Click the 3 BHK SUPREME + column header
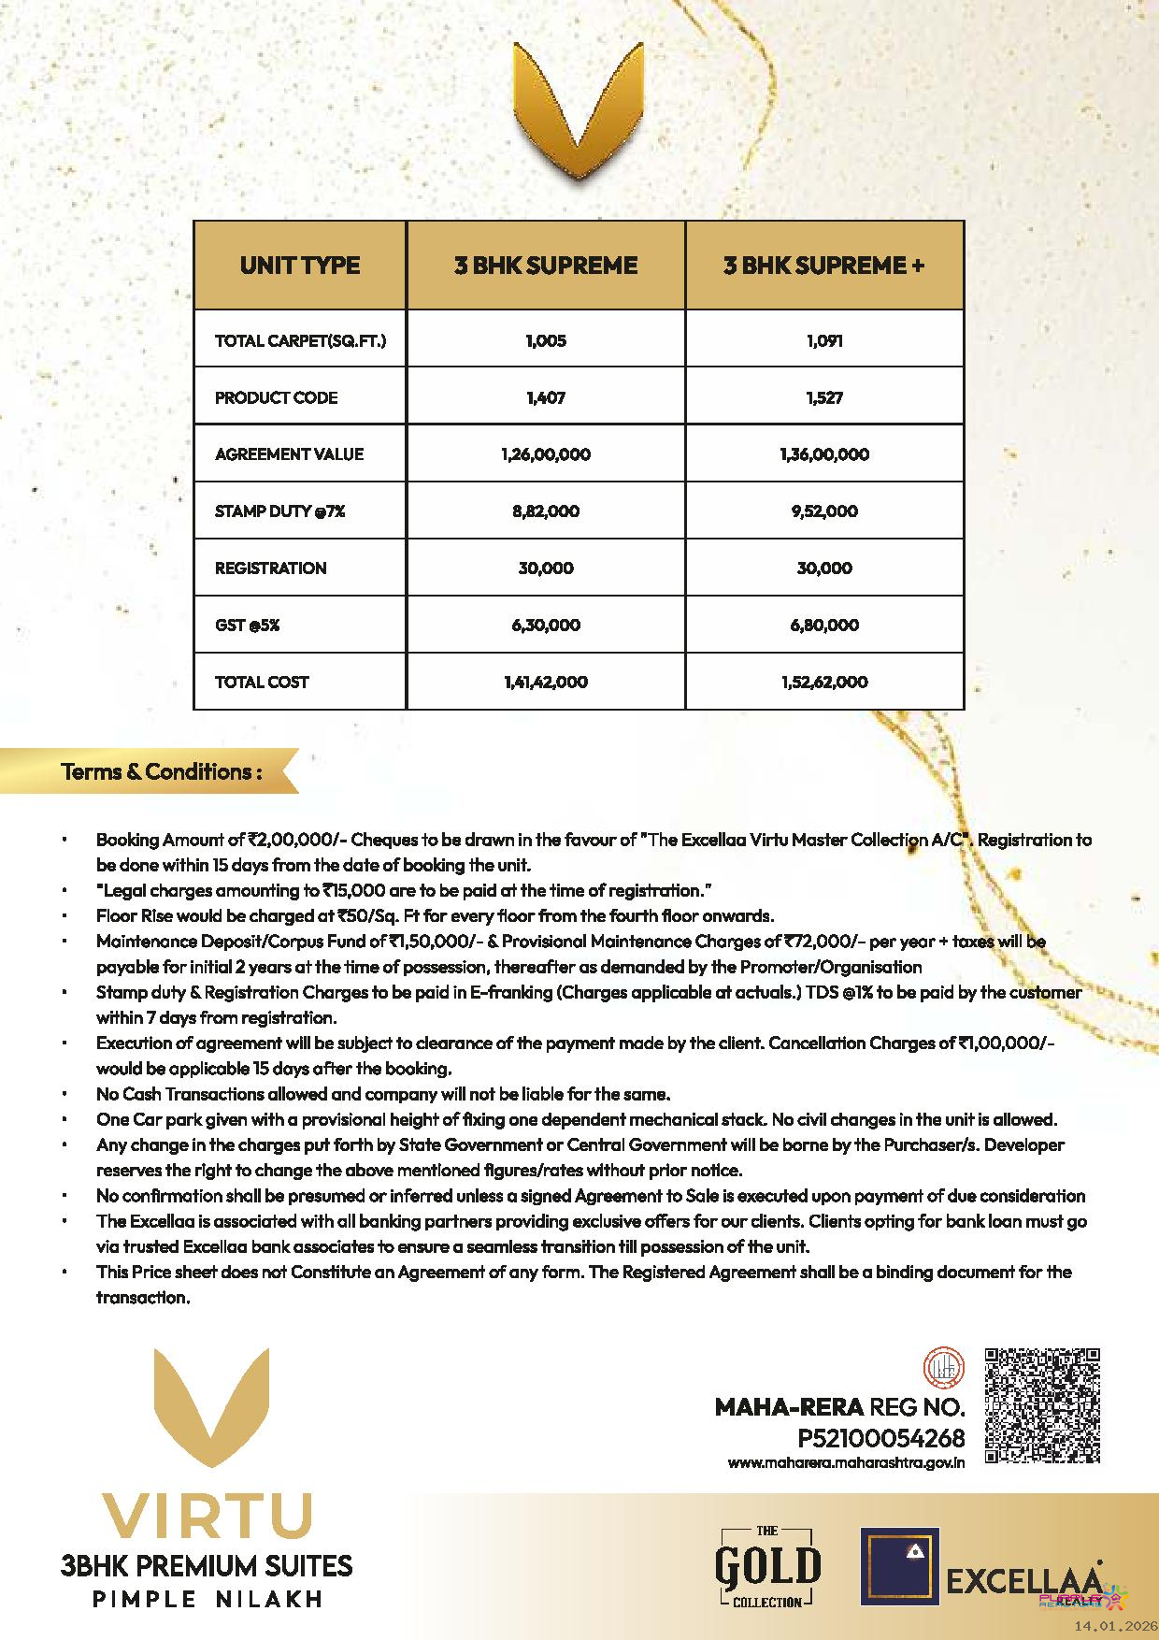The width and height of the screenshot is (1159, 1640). pyautogui.click(x=823, y=266)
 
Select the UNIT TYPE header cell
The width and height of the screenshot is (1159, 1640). pyautogui.click(x=299, y=266)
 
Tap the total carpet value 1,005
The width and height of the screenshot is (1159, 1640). pyautogui.click(x=546, y=341)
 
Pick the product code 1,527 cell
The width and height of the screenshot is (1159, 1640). pyautogui.click(x=823, y=398)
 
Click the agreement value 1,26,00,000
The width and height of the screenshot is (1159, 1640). pyautogui.click(x=546, y=454)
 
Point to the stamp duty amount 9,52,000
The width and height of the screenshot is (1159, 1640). pyautogui.click(x=823, y=511)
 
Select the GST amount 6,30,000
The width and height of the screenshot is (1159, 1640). pyautogui.click(x=546, y=626)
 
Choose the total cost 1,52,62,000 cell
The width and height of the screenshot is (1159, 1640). pyautogui.click(x=823, y=683)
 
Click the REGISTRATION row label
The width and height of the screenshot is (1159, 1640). pyautogui.click(x=270, y=568)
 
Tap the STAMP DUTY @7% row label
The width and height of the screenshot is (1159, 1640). pyautogui.click(x=279, y=511)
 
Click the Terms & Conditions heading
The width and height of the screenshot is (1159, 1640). pyautogui.click(x=161, y=772)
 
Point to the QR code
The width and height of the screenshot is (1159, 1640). pyautogui.click(x=1042, y=1404)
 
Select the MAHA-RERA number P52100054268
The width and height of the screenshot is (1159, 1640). pyautogui.click(x=880, y=1438)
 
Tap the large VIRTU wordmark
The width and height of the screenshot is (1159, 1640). pyautogui.click(x=207, y=1517)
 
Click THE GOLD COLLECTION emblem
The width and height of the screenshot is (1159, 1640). pyautogui.click(x=767, y=1566)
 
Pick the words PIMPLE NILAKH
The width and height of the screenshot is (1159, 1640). pyautogui.click(x=207, y=1600)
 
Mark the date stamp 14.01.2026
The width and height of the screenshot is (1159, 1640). pyautogui.click(x=1115, y=1628)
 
